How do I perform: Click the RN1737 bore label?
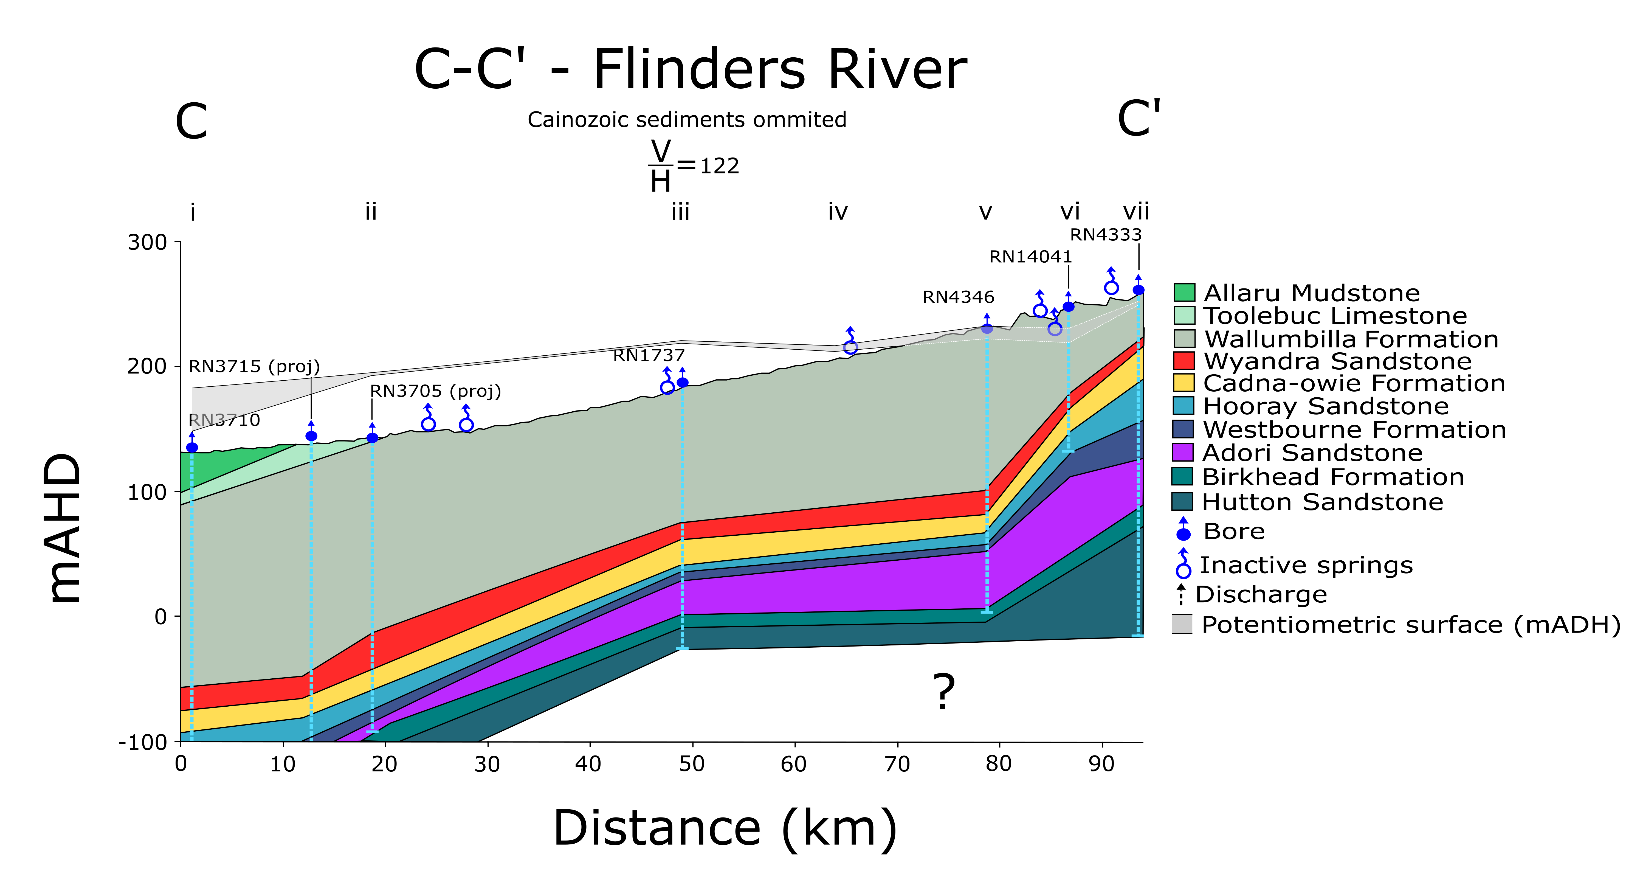[649, 355]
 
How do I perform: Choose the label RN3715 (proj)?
[254, 367]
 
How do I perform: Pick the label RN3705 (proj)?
[435, 391]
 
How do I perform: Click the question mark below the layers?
[943, 692]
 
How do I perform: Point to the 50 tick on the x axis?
[692, 763]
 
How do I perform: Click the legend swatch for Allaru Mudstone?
[1184, 293]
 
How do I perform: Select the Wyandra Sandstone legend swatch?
[1184, 361]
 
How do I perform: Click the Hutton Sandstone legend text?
[1322, 502]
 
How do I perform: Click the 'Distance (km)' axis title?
[725, 828]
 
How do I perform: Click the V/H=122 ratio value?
[719, 166]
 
